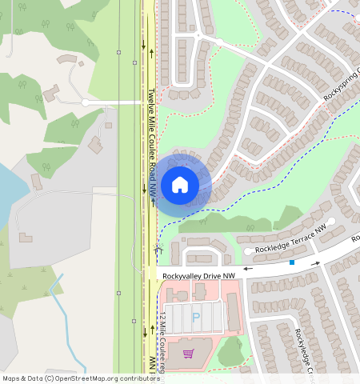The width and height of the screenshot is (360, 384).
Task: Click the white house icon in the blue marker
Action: click(180, 185)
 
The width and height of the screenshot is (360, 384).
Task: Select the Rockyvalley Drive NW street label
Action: click(198, 276)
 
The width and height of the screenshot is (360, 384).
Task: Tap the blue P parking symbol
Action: click(196, 317)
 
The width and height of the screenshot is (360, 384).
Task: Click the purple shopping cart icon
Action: click(189, 353)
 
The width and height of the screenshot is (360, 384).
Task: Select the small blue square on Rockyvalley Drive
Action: click(292, 262)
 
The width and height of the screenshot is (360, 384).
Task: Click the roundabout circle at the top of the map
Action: click(218, 41)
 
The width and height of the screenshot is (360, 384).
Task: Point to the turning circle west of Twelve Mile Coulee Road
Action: click(85, 102)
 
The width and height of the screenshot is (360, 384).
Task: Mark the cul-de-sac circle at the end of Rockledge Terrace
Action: click(331, 221)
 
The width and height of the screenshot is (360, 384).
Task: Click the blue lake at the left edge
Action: click(10, 188)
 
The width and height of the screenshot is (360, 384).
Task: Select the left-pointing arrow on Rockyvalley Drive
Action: click(248, 269)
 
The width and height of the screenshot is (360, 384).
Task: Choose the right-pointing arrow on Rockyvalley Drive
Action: click(317, 262)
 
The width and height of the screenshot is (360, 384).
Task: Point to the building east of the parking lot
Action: click(234, 311)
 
